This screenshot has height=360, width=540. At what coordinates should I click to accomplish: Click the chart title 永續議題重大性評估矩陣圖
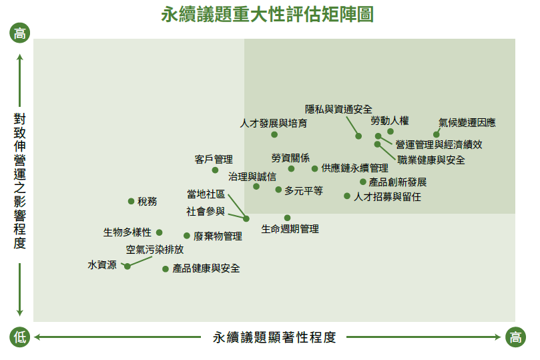click(x=267, y=15)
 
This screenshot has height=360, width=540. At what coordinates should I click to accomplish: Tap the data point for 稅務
click(x=131, y=201)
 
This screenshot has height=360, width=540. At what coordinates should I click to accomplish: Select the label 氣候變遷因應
click(x=467, y=123)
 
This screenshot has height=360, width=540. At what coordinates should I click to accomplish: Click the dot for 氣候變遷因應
click(x=437, y=134)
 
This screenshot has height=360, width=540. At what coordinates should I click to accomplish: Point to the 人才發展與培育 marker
click(x=274, y=135)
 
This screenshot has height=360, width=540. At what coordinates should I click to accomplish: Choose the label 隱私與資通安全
click(x=338, y=110)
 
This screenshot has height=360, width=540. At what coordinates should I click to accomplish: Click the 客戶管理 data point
click(x=215, y=170)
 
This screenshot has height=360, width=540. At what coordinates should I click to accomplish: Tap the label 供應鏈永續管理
click(x=354, y=168)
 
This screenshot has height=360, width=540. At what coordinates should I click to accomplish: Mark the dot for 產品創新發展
click(x=363, y=182)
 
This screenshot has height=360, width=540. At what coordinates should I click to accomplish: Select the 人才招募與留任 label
click(x=387, y=197)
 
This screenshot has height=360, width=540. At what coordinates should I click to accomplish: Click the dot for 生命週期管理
click(x=287, y=218)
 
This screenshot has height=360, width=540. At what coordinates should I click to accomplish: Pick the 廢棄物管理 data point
click(x=187, y=236)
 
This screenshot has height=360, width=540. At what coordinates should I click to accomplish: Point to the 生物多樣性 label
click(x=127, y=232)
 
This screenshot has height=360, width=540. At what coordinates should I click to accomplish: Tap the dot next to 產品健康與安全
click(x=166, y=268)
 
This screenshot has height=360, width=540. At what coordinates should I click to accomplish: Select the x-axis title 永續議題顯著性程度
click(x=274, y=337)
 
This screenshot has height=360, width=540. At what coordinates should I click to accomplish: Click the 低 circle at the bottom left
click(x=19, y=337)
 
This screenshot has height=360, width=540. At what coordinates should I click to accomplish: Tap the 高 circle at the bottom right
click(x=515, y=337)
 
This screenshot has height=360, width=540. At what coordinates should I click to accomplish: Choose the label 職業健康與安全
click(x=431, y=160)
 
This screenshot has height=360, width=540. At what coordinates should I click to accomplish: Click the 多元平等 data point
click(x=278, y=190)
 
